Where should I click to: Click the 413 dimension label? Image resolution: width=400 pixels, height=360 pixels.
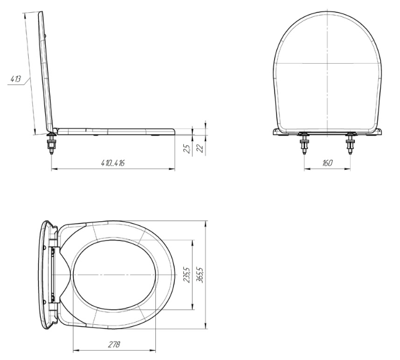16,79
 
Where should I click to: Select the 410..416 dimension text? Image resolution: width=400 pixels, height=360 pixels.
112,163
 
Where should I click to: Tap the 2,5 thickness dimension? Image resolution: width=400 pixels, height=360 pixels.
187,149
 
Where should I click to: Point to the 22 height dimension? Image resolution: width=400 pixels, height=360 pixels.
200,148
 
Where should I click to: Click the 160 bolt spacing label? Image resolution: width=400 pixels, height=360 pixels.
327,163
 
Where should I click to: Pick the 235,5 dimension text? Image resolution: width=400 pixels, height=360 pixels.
187,275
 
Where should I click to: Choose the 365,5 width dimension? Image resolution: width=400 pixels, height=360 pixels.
200,275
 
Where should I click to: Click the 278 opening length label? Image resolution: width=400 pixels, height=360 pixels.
114,344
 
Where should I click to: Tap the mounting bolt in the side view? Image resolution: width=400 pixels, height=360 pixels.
52,143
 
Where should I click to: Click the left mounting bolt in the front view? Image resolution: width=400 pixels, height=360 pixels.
305,143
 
